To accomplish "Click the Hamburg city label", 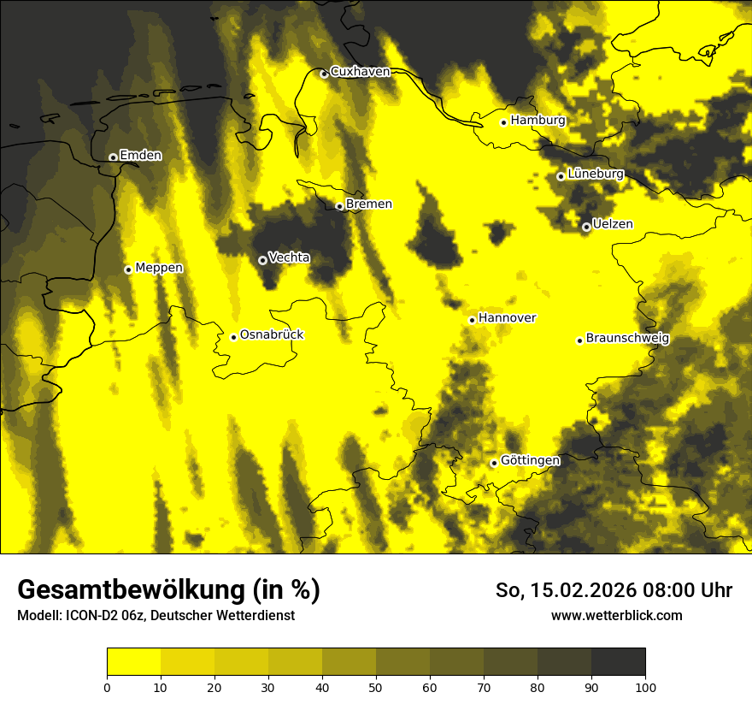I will pos(538,121).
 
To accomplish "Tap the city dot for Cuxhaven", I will pos(324,74).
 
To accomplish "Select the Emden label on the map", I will pos(140,156).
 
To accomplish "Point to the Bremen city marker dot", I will pos(339,206).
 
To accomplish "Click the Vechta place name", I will pos(289,257).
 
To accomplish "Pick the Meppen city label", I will pos(159,268).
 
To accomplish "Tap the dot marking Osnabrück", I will pos(233,337).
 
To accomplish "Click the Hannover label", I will pos(507,318).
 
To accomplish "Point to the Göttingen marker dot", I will pos(494,463).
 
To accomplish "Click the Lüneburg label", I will pos(596,174).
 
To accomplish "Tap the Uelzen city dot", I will pos(586,227).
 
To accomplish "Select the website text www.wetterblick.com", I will pos(617,615).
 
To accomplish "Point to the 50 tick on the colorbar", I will pos(376,686).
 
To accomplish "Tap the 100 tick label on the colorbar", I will pos(645,686).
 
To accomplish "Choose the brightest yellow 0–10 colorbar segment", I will pos(133,662).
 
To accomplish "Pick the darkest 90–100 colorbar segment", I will pos(618,662).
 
